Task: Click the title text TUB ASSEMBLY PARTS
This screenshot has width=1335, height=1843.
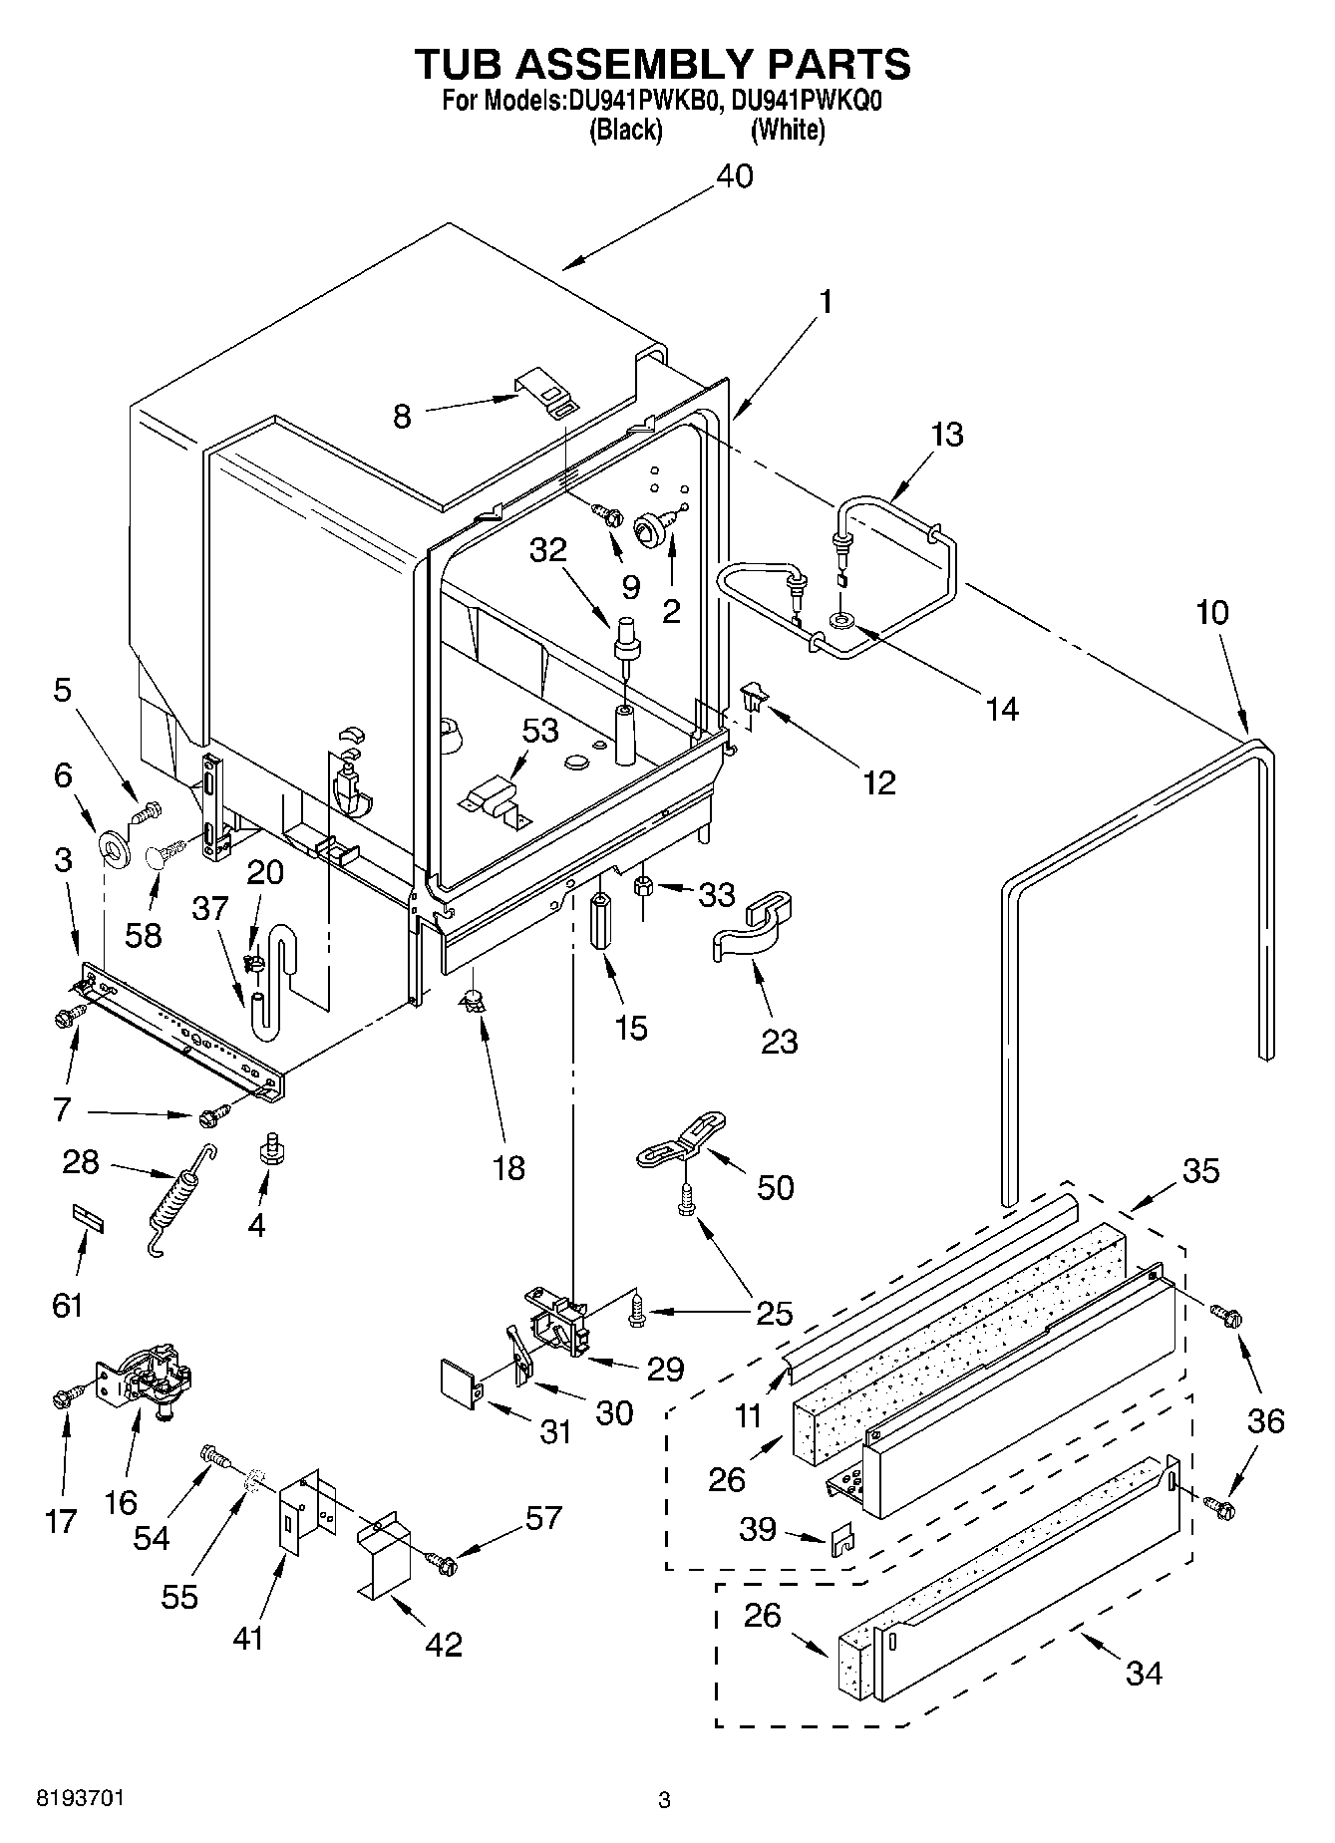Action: point(662,64)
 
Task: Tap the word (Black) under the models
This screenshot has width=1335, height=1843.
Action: point(626,130)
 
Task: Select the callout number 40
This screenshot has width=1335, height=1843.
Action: point(735,176)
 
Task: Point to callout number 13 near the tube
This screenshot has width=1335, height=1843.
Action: point(948,435)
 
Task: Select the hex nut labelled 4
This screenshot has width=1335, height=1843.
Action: point(267,1149)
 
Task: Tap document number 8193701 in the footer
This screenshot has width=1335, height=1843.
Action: point(80,1799)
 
